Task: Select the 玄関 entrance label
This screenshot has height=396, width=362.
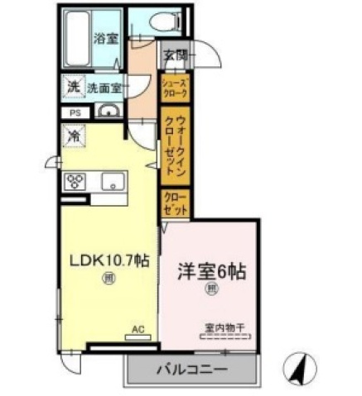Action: point(175,55)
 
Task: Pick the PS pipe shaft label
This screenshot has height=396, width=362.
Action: point(74,112)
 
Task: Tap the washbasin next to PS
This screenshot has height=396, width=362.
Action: point(108,112)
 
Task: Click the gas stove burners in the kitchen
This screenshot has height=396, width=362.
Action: point(77,182)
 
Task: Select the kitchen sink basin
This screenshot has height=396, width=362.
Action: point(112,182)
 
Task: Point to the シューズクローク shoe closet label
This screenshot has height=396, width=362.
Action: point(175,88)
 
